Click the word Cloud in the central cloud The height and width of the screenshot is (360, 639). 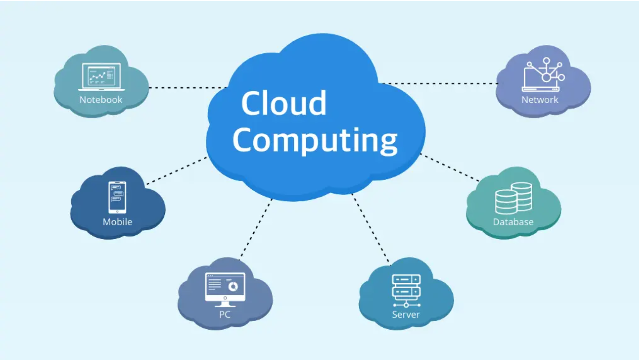284,103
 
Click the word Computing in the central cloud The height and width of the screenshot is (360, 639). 315,140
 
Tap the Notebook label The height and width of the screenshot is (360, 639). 101,100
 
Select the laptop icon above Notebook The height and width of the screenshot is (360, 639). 101,76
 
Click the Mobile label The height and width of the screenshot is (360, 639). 117,222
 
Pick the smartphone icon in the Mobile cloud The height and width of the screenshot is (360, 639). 117,197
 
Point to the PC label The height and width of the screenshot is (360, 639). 225,314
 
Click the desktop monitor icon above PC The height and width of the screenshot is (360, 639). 225,289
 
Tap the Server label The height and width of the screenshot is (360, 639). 406,314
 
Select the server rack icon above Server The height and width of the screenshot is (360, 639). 406,290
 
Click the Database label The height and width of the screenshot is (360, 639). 513,222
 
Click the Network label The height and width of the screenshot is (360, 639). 540,100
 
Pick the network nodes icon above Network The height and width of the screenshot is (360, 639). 544,74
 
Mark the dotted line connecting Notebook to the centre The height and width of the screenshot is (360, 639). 187,88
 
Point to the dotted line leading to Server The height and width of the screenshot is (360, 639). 370,228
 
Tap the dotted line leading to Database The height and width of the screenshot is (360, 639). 450,168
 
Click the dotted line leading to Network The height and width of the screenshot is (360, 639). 440,83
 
